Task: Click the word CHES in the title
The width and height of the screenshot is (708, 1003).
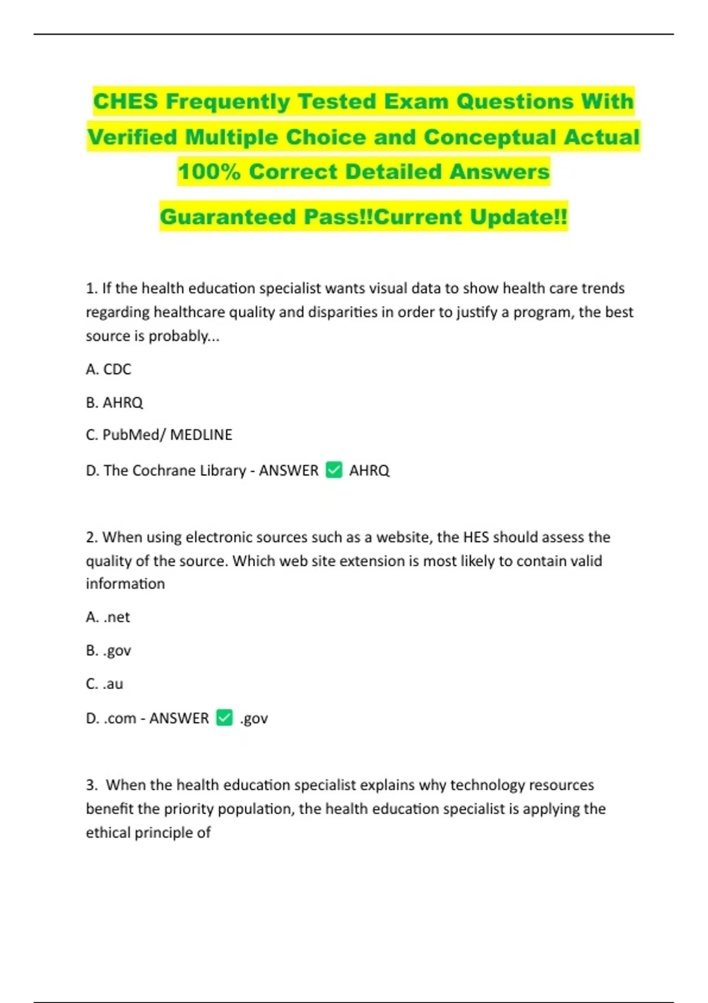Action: [126, 101]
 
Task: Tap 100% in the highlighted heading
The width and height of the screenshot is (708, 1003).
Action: [209, 172]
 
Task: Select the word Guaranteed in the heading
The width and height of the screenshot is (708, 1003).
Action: [228, 217]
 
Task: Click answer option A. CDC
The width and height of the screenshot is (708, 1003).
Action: [109, 369]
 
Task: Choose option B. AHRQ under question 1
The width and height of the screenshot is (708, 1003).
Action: [114, 402]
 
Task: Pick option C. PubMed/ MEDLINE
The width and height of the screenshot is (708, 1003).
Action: [159, 435]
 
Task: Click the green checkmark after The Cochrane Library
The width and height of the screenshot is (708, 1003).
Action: [334, 470]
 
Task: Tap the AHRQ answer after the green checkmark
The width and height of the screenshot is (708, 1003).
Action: [369, 470]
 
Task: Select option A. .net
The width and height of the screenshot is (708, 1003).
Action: [108, 617]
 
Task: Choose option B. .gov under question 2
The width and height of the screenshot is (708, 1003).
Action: [109, 651]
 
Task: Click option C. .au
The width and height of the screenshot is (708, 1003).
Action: [104, 684]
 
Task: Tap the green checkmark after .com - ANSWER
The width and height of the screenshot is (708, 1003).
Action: [225, 717]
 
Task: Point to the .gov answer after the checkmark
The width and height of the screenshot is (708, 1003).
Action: [254, 719]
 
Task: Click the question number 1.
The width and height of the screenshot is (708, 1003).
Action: [90, 289]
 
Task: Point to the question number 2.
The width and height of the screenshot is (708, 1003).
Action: [91, 537]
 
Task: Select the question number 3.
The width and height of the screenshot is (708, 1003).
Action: [91, 785]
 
